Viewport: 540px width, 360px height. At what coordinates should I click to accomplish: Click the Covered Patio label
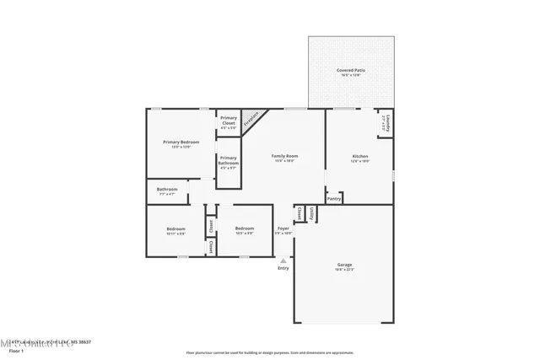pos(350,70)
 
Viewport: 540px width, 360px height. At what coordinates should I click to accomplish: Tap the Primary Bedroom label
pos(181,142)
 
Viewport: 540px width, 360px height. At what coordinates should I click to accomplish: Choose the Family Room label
pos(283,156)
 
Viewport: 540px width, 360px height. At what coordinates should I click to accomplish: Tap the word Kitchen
pos(360,156)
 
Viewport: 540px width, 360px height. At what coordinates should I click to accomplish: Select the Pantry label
pos(334,199)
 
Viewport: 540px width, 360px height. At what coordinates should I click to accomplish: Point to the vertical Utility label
pos(312,214)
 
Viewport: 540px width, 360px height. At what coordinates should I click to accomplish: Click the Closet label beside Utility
pos(299,214)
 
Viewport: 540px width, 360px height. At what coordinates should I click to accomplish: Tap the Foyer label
pos(283,228)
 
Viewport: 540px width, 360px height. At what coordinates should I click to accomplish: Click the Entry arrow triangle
pos(283,261)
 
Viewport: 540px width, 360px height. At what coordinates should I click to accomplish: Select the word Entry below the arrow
pos(283,268)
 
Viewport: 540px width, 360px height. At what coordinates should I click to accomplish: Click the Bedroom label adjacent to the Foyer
pos(245,228)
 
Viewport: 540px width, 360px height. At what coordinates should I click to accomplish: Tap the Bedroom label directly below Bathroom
pos(175,228)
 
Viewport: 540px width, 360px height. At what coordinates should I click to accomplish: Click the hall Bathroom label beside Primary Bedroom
pos(167,190)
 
